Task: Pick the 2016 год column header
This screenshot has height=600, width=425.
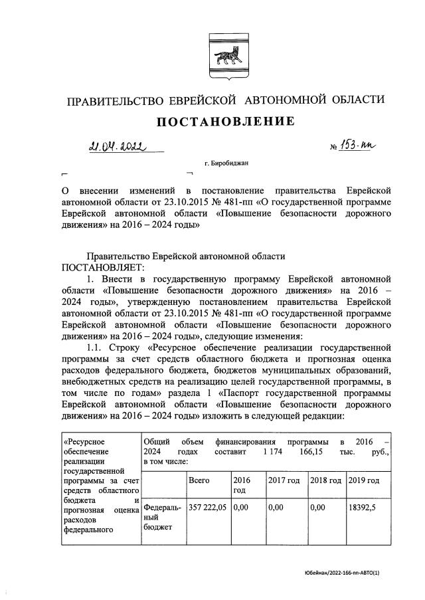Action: pos(241,484)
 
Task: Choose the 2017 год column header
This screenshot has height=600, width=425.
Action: pos(284,480)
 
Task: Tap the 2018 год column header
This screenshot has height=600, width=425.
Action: pos(325,480)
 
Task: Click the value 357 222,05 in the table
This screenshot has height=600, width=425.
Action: pos(208,508)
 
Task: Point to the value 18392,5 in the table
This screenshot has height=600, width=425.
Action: pos(363,508)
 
